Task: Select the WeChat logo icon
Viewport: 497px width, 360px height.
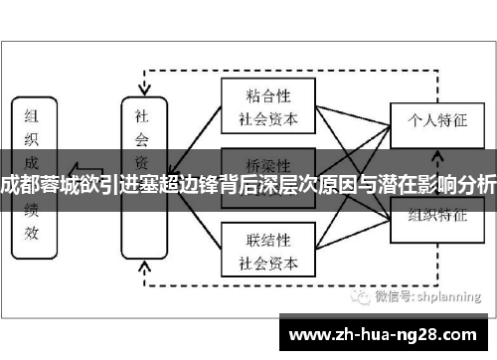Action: [355, 295]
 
